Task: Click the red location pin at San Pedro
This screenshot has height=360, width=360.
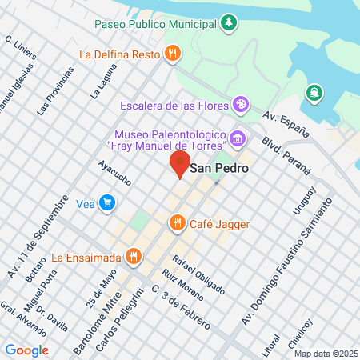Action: tap(179, 164)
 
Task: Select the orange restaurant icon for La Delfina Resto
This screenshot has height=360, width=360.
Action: tap(172, 54)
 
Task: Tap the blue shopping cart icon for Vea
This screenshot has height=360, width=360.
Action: tap(106, 203)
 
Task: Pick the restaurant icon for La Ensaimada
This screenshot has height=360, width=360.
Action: tap(134, 257)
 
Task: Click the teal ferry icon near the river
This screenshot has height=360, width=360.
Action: tap(314, 92)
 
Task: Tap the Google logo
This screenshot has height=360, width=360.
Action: tap(26, 350)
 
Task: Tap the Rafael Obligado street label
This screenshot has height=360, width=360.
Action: tap(198, 274)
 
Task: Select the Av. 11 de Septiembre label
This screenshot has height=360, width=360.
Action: tap(36, 236)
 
